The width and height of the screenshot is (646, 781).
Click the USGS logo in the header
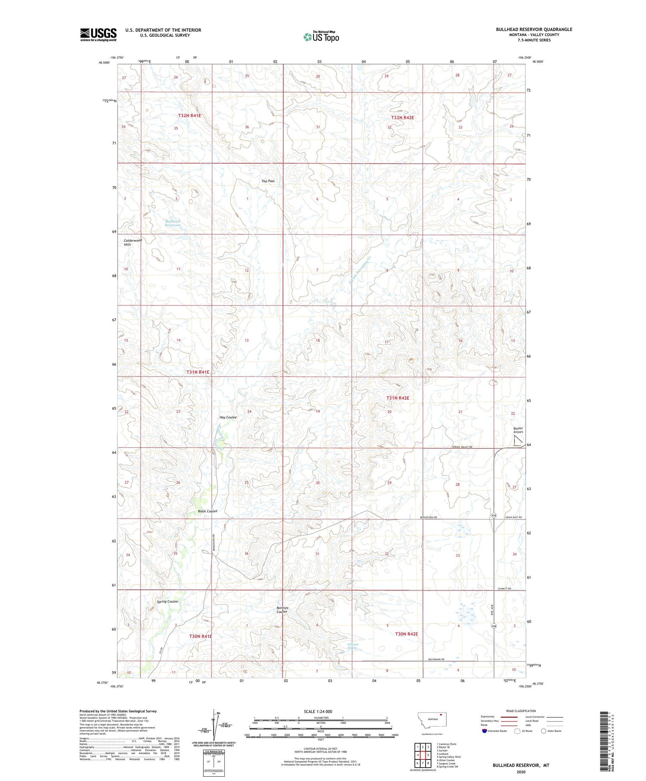click(x=98, y=34)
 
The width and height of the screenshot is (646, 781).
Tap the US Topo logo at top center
click(x=321, y=37)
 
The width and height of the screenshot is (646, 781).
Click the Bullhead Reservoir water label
click(x=173, y=223)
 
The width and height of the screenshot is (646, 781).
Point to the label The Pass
click(x=268, y=181)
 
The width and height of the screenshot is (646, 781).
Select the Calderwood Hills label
click(x=133, y=243)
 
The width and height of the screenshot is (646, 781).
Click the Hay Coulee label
click(x=228, y=417)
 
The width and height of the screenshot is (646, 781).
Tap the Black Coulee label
click(x=208, y=511)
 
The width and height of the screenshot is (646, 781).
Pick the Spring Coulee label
click(x=167, y=601)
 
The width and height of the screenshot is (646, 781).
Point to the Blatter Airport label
click(x=518, y=430)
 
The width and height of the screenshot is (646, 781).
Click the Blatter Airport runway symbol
click(x=519, y=441)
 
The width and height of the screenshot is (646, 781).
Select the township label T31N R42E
click(x=398, y=398)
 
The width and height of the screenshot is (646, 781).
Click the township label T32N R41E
click(x=190, y=115)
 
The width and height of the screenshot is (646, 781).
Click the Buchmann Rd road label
click(x=438, y=660)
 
